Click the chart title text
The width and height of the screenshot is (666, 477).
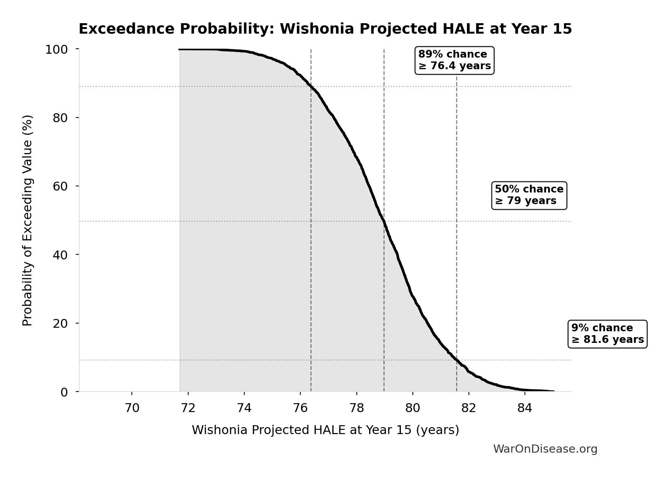click(325, 29)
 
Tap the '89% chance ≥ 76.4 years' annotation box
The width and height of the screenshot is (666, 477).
click(454, 60)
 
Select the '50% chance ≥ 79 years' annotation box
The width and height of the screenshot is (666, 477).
click(529, 195)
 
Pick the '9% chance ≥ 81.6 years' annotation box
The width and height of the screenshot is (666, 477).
click(607, 334)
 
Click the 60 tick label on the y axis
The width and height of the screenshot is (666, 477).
click(60, 186)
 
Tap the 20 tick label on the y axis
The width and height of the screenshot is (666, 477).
click(60, 323)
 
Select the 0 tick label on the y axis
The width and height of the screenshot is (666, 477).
click(64, 392)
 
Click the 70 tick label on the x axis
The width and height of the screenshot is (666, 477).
click(132, 408)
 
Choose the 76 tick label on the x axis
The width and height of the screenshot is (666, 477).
click(300, 408)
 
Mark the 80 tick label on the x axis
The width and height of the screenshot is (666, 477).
click(412, 408)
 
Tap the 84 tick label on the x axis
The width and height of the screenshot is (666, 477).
click(525, 408)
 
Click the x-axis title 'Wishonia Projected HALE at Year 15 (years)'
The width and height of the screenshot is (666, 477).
click(325, 430)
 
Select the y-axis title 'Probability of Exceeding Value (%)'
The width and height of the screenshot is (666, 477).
click(27, 220)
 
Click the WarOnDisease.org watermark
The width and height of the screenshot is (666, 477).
click(545, 449)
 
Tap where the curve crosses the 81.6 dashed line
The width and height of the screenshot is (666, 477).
click(456, 360)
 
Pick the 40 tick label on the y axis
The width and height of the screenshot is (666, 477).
click(60, 255)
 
